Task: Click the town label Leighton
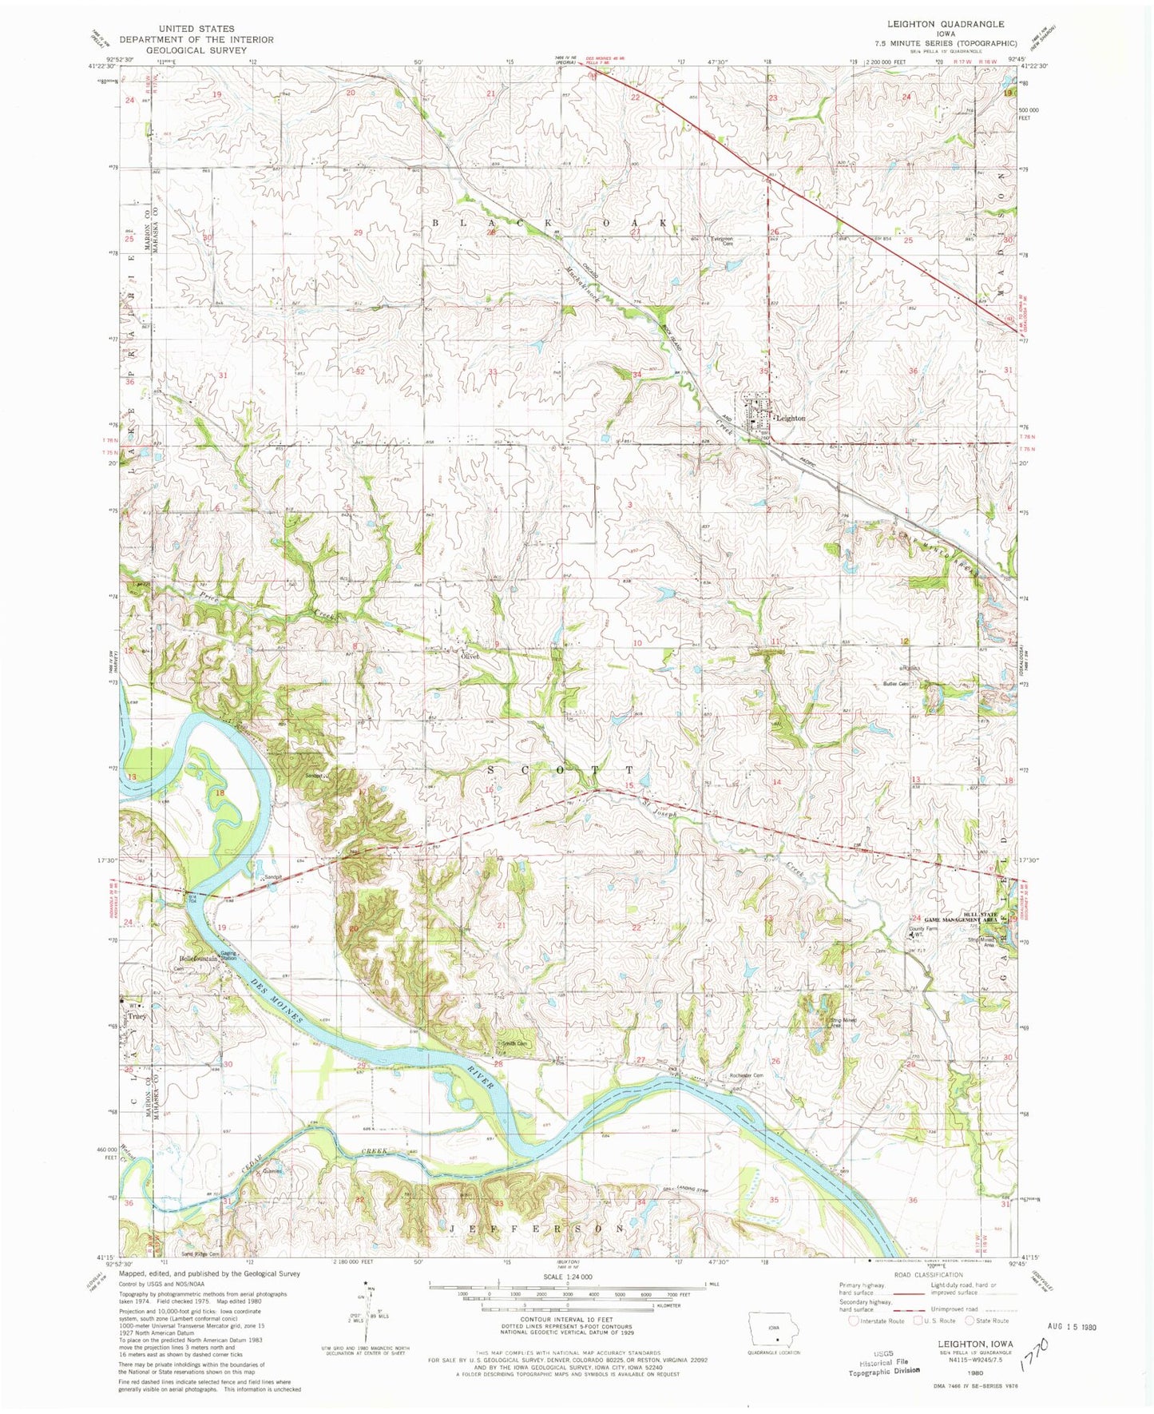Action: tap(790, 418)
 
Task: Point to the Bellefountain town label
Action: tap(198, 958)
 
